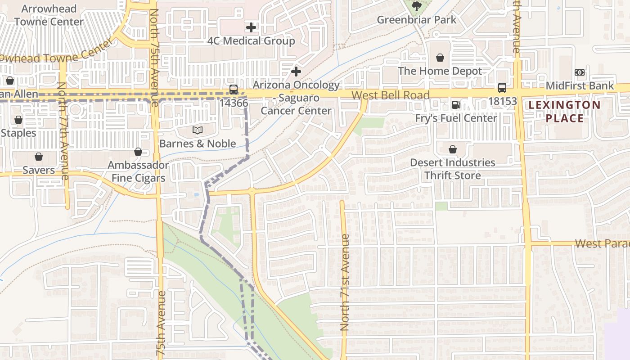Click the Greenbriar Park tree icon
click(x=416, y=6)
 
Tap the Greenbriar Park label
click(x=416, y=20)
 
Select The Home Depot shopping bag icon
click(x=440, y=58)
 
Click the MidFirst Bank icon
click(x=580, y=72)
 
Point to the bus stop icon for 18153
click(x=502, y=88)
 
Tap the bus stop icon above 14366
click(x=233, y=90)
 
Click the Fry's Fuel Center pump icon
click(x=456, y=105)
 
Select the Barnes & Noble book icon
click(x=198, y=130)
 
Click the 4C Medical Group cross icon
click(x=251, y=27)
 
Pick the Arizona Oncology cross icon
click(x=296, y=72)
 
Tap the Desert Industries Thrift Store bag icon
click(x=453, y=149)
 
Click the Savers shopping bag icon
click(x=39, y=157)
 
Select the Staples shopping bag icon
click(x=18, y=120)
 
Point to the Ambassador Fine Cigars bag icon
click(x=138, y=152)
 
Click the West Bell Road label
click(x=390, y=95)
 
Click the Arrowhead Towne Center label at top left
click(x=49, y=15)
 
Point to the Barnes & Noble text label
click(x=198, y=144)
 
